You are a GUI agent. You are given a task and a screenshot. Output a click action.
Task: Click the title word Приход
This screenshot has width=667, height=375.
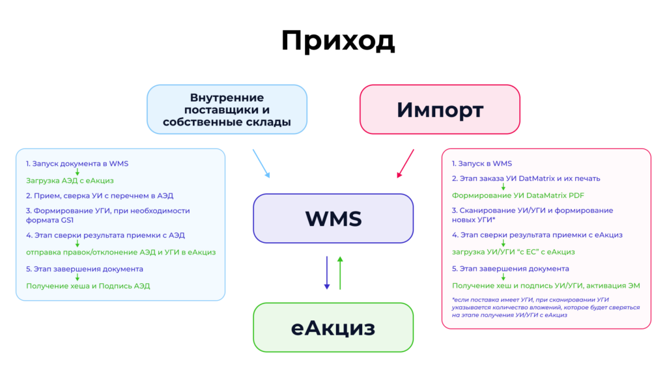338,42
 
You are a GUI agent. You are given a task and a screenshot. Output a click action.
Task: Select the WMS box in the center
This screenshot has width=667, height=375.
333,219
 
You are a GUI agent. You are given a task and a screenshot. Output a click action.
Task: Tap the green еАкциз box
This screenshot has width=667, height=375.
333,327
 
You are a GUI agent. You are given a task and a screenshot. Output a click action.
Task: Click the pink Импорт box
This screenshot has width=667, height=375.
440,109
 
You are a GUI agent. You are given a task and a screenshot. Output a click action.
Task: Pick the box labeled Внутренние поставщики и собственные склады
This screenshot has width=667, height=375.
227,109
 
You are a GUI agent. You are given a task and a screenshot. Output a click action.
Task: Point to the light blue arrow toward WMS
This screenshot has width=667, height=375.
261,163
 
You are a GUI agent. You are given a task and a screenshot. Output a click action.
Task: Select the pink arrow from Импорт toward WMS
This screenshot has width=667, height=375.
405,163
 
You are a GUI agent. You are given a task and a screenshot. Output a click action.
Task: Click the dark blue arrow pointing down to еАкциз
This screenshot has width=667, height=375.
327,273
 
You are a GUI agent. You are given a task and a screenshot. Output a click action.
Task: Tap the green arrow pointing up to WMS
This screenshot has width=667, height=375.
340,273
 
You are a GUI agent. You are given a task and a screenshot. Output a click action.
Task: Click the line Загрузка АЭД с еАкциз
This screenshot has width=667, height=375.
70,181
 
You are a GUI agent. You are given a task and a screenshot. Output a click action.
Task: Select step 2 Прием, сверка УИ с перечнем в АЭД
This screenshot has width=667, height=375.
100,196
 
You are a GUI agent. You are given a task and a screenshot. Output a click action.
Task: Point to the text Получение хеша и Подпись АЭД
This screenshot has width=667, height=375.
88,286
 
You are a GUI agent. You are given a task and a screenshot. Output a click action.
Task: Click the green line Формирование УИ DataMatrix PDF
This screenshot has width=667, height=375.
518,195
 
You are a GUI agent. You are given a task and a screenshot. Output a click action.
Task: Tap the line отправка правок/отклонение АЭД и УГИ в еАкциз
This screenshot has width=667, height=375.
121,252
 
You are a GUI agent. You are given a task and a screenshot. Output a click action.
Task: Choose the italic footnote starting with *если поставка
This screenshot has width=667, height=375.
546,307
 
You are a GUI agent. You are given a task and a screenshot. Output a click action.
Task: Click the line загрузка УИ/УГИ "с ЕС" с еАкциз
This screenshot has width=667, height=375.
513,252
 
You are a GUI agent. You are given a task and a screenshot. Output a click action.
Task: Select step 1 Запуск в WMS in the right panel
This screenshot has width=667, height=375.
481,163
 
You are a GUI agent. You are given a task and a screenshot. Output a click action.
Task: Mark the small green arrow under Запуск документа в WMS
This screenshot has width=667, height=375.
78,172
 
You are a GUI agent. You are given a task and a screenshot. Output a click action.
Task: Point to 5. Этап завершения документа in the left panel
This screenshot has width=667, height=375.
84,269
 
